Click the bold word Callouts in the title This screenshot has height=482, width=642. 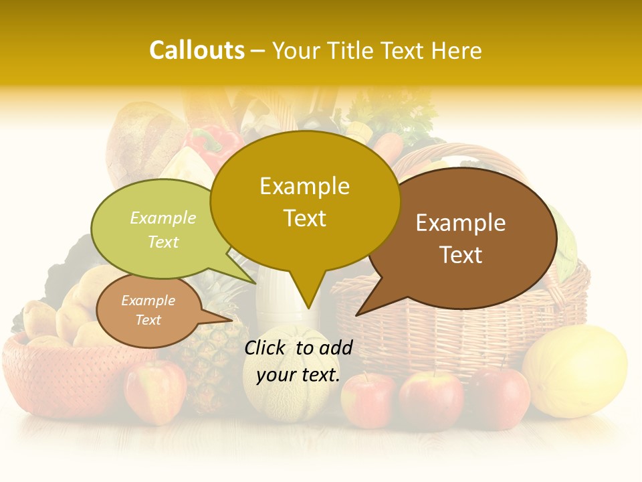197,50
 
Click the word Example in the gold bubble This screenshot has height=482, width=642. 304,186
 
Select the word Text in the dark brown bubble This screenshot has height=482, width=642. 461,255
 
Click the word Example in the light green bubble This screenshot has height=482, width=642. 163,218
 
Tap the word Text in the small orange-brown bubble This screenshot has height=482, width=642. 148,320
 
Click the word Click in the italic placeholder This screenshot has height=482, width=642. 265,347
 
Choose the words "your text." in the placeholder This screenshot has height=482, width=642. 298,375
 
